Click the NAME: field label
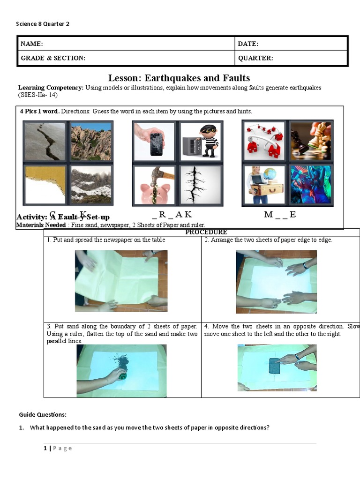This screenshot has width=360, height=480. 32,44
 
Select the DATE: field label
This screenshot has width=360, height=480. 248,44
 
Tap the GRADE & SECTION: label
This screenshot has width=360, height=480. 53,58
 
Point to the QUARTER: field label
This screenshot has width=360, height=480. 255,58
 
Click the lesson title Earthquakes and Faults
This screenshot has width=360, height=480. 179,78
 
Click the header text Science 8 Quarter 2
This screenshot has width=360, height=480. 43,24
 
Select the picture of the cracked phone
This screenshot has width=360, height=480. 154,142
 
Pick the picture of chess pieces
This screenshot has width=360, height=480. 310,141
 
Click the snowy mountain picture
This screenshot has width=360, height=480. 91,184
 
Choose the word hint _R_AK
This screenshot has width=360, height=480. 172,215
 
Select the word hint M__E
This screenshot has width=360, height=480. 280,215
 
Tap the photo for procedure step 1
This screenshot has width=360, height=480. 121,281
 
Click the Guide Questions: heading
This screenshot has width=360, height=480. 43,414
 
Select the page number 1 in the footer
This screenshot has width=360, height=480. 45,448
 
